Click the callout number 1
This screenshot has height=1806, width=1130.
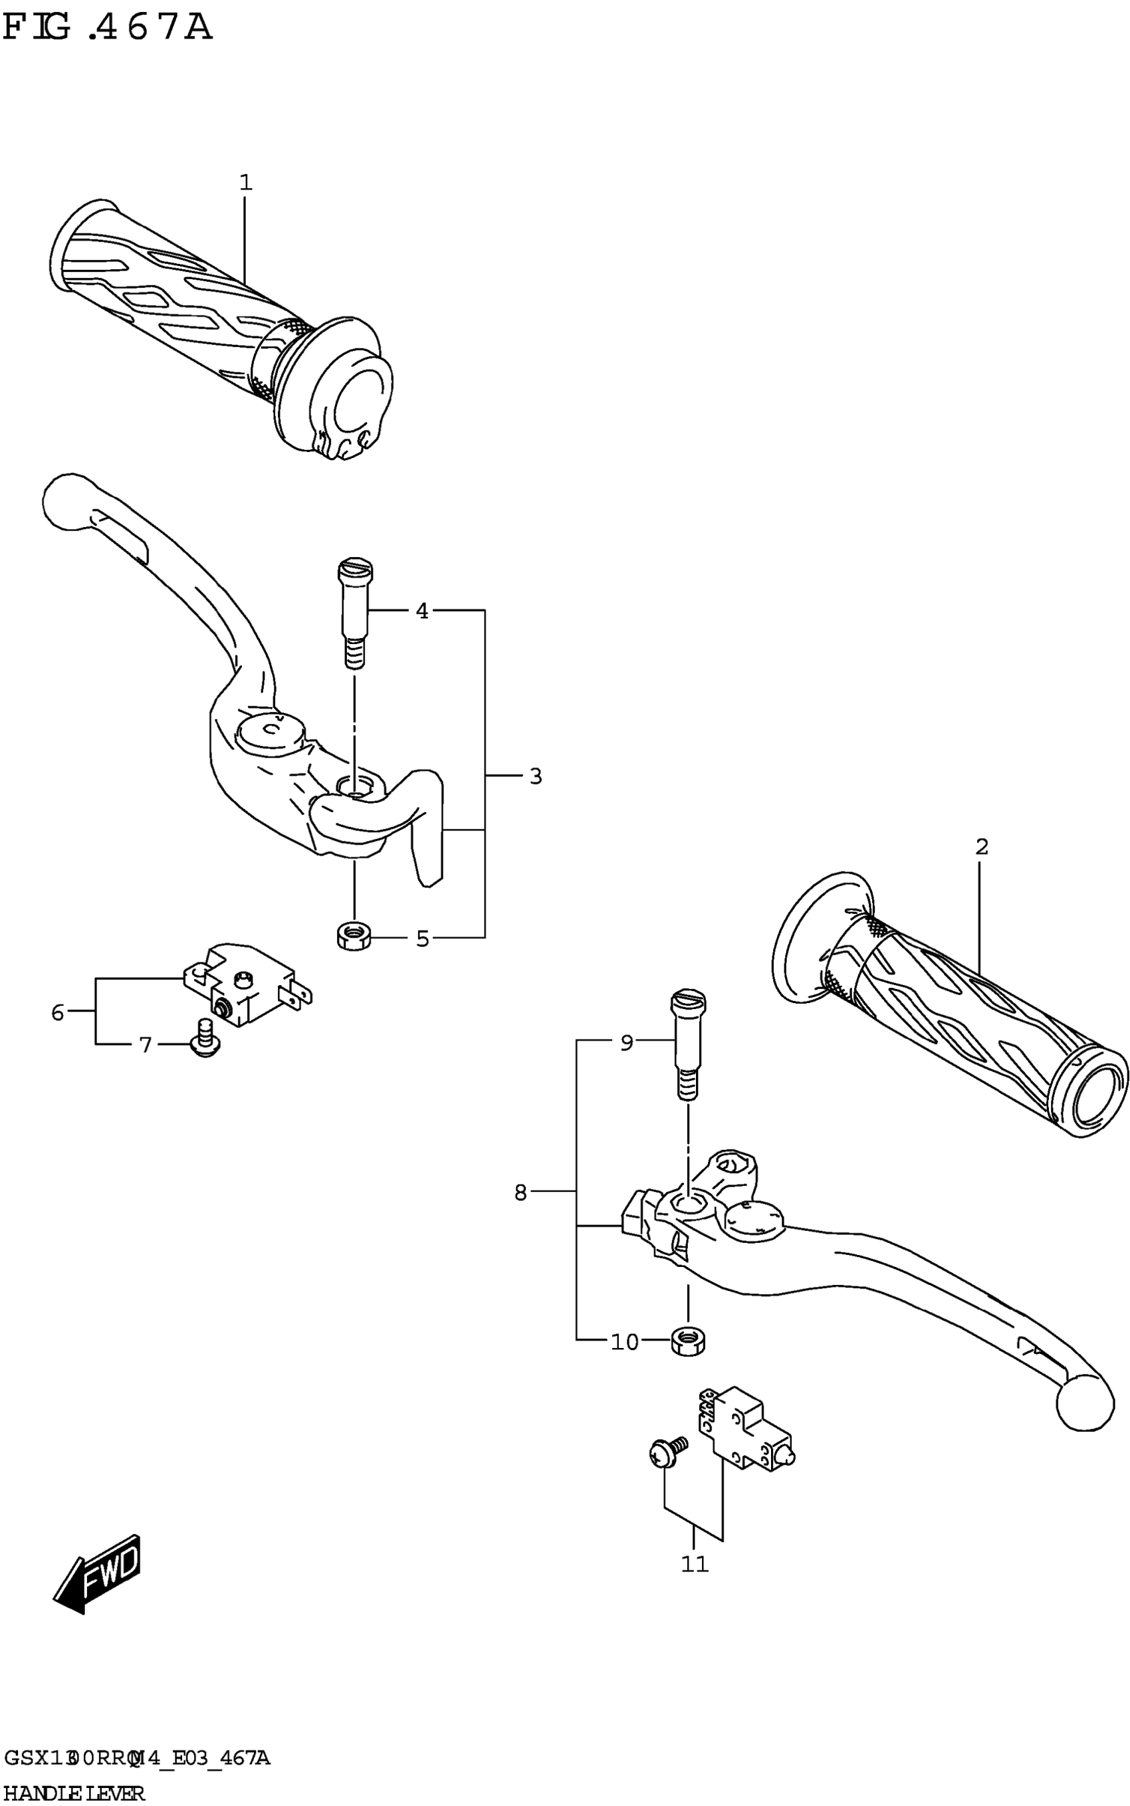click(246, 182)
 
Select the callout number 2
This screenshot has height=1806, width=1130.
click(981, 847)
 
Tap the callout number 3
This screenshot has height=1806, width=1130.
click(535, 776)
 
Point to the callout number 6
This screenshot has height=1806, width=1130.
click(58, 1012)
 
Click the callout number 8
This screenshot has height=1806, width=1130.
click(521, 1192)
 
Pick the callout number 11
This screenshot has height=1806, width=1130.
click(695, 1564)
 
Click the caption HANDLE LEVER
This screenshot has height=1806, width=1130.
click(73, 1793)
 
